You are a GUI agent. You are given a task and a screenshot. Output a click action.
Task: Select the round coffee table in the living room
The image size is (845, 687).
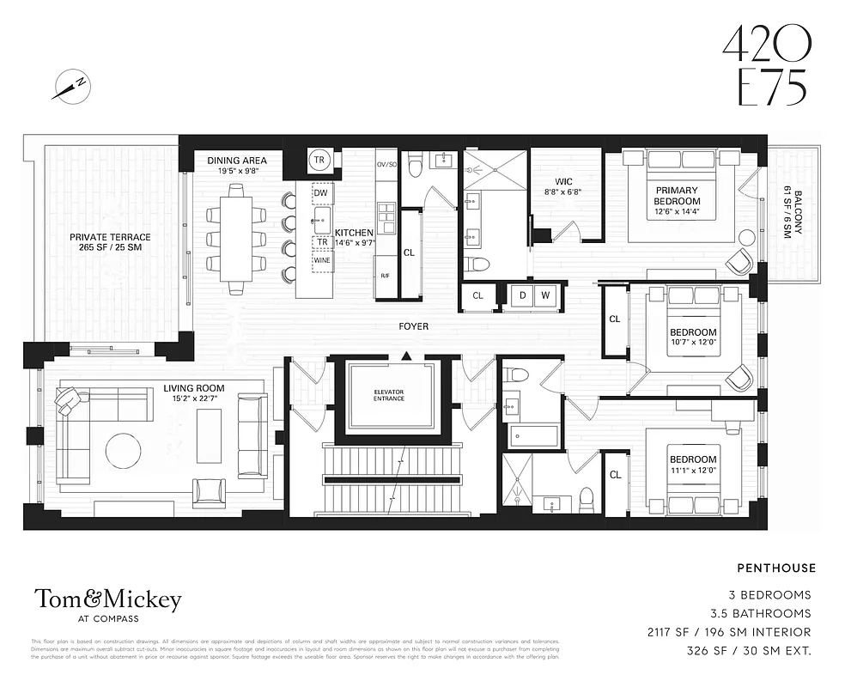pyautogui.click(x=124, y=450)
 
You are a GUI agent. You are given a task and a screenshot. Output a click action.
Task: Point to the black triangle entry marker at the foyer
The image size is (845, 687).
pyautogui.click(x=406, y=355)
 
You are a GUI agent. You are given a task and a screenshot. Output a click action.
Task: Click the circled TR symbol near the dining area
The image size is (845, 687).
pyautogui.click(x=319, y=160)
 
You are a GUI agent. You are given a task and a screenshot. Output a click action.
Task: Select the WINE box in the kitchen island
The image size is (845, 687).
pyautogui.click(x=323, y=259)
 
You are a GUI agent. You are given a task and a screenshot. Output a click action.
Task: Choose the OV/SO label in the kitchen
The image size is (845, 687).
pyautogui.click(x=386, y=163)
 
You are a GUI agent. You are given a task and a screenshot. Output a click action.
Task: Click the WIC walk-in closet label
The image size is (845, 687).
pyautogui.click(x=564, y=181)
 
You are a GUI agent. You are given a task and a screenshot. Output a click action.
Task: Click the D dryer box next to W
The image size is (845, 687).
pyautogui.click(x=522, y=296)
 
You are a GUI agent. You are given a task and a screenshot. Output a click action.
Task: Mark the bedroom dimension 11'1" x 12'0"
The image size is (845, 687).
pyautogui.click(x=692, y=471)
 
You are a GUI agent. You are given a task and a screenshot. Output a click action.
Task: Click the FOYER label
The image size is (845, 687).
pyautogui.click(x=414, y=326)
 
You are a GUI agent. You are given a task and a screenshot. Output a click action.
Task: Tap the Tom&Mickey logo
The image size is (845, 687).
pyautogui.click(x=107, y=599)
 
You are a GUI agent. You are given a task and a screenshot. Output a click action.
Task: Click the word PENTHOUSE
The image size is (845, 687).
pyautogui.click(x=776, y=568)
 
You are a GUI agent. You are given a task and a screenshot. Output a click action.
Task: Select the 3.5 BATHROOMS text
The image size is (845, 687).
pyautogui.click(x=760, y=613)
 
